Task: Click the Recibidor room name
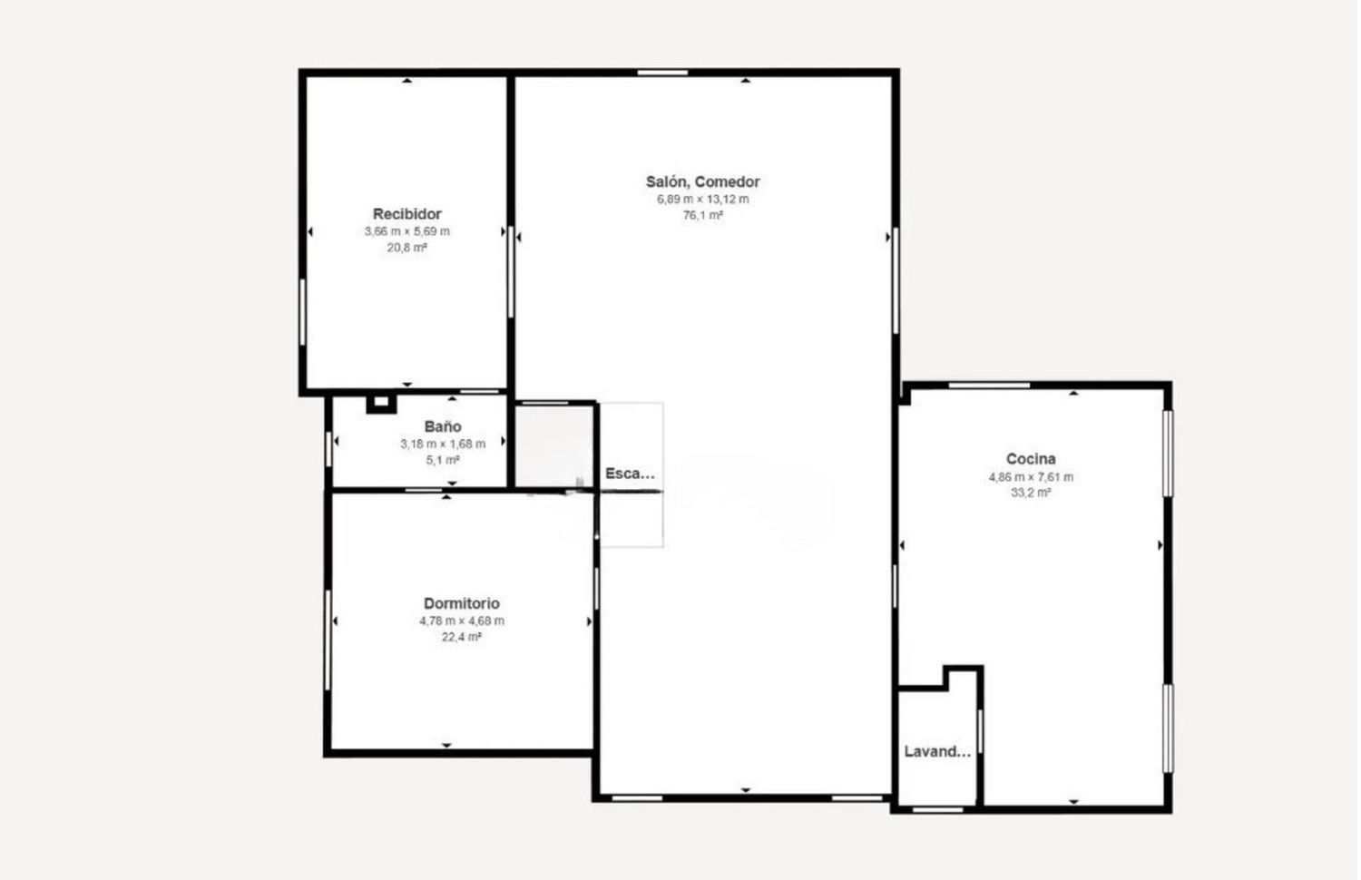(x=407, y=214)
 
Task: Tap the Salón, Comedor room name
(x=702, y=181)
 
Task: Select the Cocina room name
(x=1031, y=459)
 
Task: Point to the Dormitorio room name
(x=461, y=603)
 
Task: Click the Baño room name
(x=443, y=426)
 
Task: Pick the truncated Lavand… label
(x=937, y=751)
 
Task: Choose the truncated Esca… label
(x=630, y=474)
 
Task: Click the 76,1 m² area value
(x=702, y=216)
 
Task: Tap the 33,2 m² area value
(x=1031, y=493)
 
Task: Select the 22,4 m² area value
(x=461, y=637)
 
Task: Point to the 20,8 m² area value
(x=407, y=248)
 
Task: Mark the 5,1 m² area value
(x=443, y=460)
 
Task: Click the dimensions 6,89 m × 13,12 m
(x=702, y=200)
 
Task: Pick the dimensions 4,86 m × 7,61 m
(x=1031, y=477)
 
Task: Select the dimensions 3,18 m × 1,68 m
(x=443, y=444)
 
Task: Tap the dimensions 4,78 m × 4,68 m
(x=461, y=621)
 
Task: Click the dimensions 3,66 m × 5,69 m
(x=407, y=231)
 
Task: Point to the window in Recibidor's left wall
(x=302, y=312)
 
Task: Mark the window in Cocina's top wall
(x=989, y=386)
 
